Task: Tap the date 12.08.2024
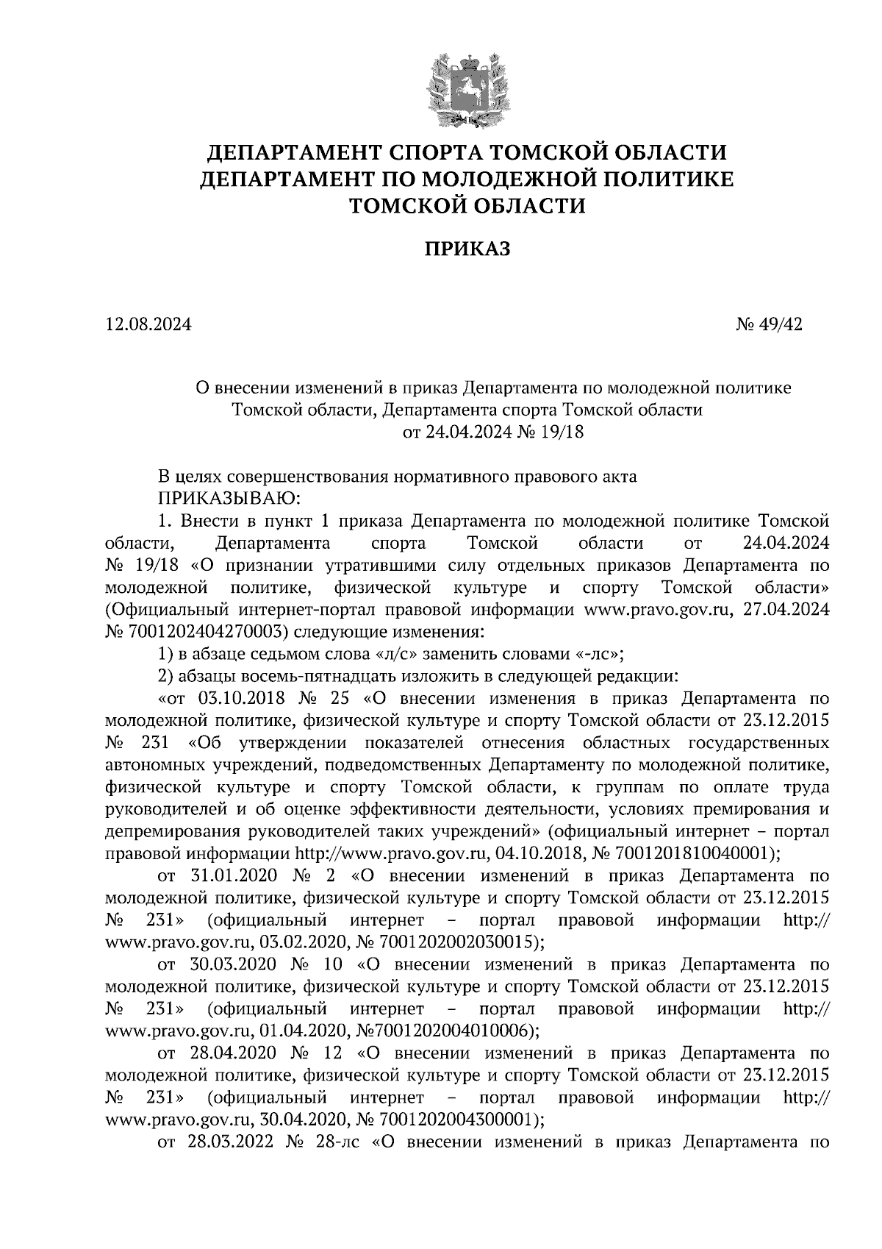tap(148, 324)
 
